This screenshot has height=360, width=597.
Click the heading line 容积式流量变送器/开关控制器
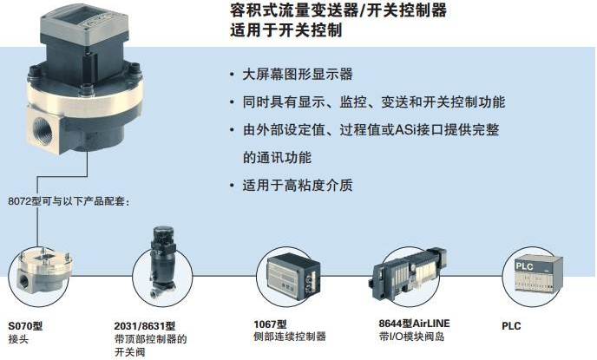coord(338,10)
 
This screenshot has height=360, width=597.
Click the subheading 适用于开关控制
coord(286,30)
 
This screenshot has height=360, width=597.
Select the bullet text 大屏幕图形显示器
coord(298,75)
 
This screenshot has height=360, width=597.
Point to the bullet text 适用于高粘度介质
coord(298,186)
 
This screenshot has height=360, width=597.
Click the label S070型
coord(25,326)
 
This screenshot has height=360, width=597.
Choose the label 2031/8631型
coord(145,326)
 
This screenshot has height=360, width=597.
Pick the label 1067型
coord(271,324)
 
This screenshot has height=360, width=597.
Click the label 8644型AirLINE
coord(414,324)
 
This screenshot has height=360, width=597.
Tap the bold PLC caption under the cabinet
coord(511,326)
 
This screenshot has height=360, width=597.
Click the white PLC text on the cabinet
coord(524,266)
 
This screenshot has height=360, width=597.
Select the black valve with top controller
coord(162,262)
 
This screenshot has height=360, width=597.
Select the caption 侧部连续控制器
coord(290,337)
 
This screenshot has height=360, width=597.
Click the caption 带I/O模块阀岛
coord(411,337)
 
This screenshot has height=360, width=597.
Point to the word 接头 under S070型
coord(18,338)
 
